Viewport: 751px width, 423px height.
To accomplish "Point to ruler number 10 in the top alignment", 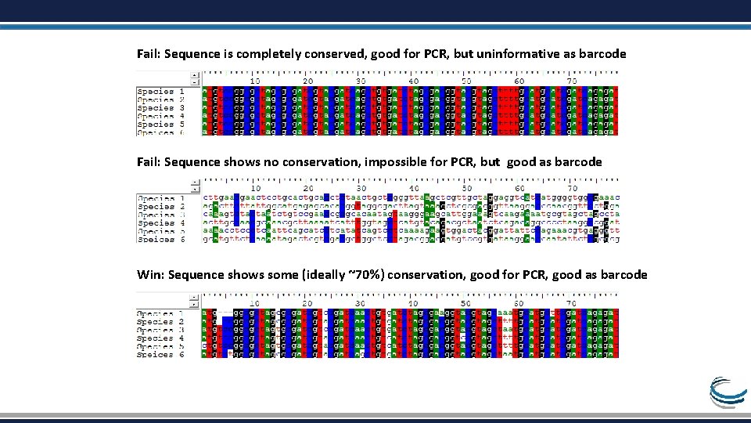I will coord(255,81).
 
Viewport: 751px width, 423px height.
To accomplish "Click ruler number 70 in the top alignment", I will coord(572,81).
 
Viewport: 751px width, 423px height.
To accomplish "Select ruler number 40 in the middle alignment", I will coord(413,188).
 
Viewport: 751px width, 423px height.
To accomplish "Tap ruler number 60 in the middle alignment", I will coord(519,188).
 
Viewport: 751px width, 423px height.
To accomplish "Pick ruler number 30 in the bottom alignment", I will coord(361,302).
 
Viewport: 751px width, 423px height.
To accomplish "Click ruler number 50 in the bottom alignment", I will coord(466,302).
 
